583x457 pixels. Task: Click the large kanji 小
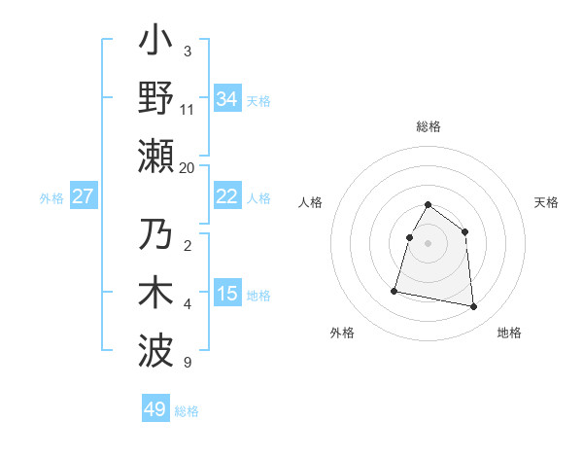(x=156, y=44)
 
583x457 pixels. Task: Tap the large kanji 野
(x=156, y=97)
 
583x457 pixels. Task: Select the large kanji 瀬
(x=156, y=155)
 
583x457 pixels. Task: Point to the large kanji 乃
(x=156, y=236)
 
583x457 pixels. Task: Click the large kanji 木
(x=156, y=293)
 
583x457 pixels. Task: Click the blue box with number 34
(x=226, y=98)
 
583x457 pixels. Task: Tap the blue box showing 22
(x=226, y=196)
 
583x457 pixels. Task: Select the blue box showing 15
(x=226, y=294)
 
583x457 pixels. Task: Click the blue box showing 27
(x=83, y=196)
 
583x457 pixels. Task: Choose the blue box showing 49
(x=155, y=409)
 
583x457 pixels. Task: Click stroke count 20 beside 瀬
(x=188, y=167)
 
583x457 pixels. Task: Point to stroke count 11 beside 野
(x=188, y=109)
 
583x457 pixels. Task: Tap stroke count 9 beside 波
(x=188, y=363)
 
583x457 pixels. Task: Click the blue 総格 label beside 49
(x=187, y=411)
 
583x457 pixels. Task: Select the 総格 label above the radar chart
(x=428, y=126)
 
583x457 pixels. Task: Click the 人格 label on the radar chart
(x=311, y=202)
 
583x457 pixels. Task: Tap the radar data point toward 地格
(x=474, y=307)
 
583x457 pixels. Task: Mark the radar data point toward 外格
(x=394, y=291)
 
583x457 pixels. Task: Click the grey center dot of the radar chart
(x=428, y=243)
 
